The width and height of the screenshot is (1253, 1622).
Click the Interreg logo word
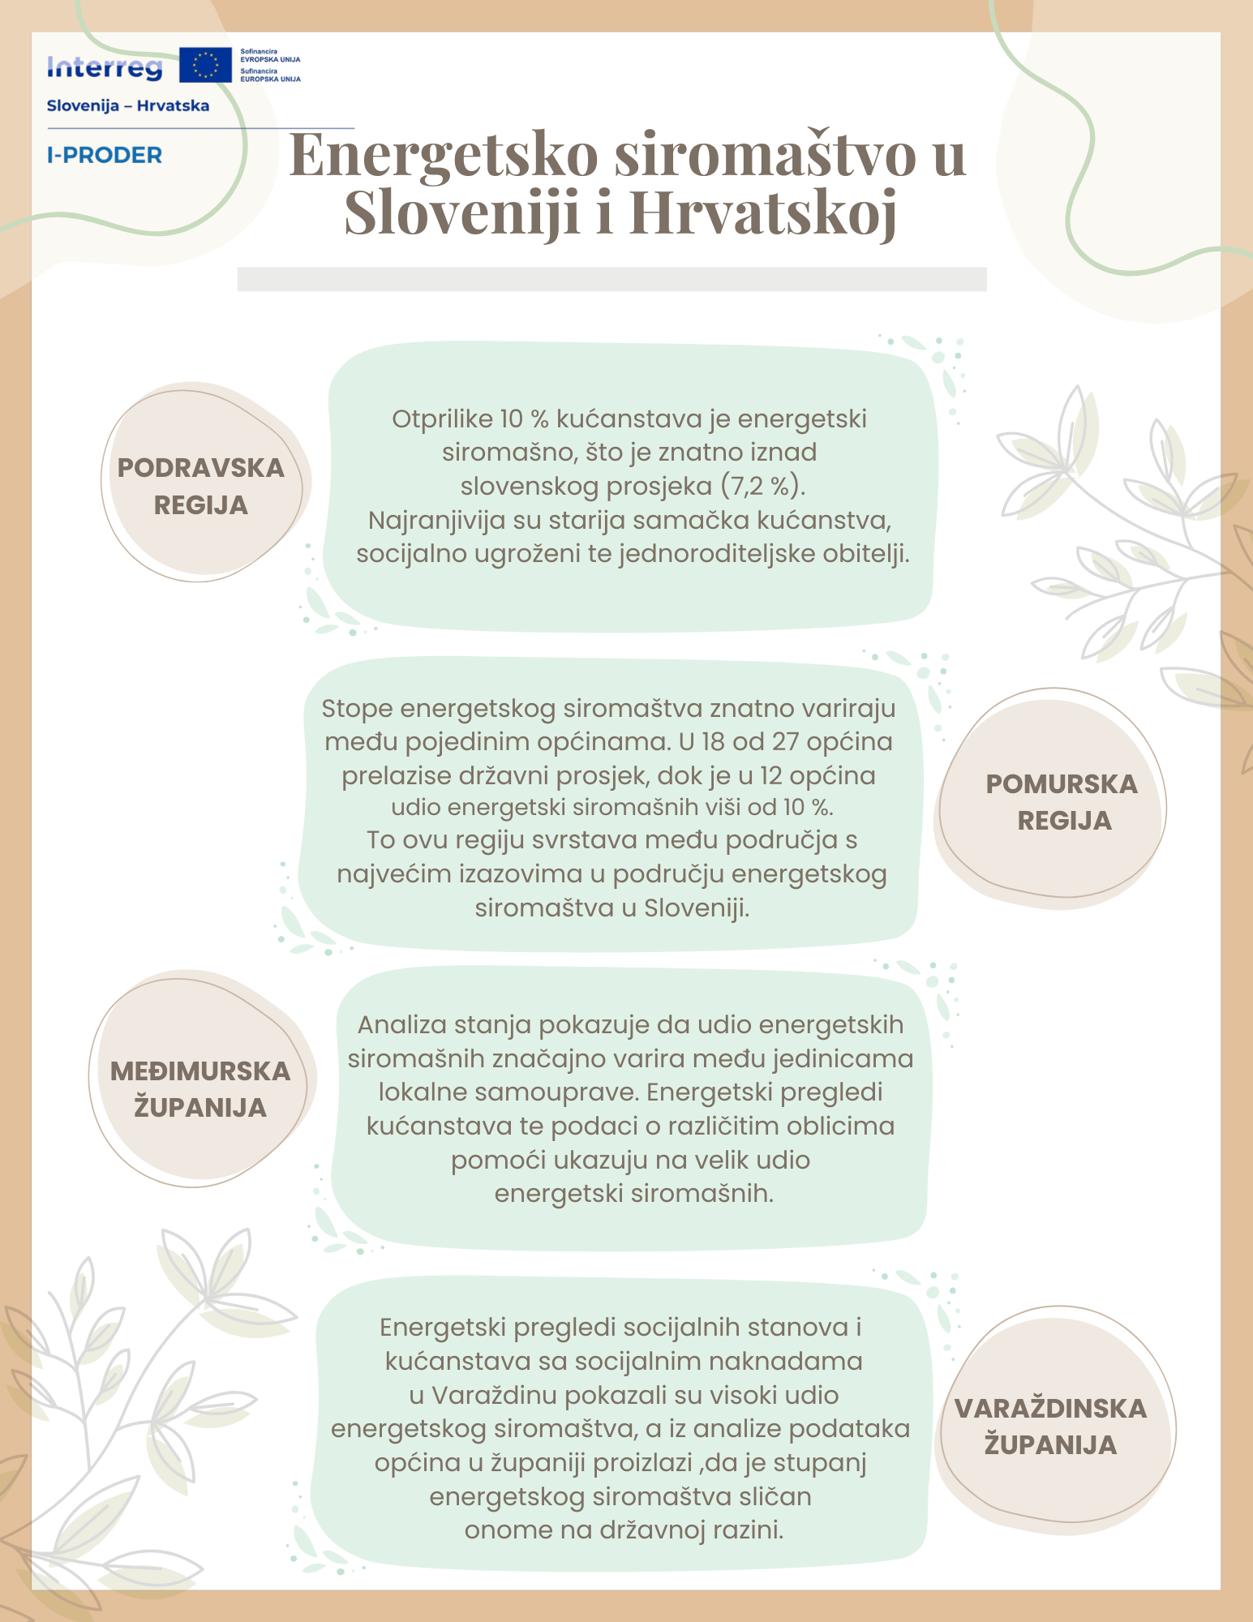[x=105, y=68]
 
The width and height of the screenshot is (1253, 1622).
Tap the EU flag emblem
[x=205, y=65]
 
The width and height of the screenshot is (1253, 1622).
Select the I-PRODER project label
[x=105, y=155]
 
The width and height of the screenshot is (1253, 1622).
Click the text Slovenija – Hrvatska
[x=128, y=106]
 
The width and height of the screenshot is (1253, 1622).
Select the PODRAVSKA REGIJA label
[x=201, y=486]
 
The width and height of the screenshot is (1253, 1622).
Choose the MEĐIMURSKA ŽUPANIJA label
[x=200, y=1089]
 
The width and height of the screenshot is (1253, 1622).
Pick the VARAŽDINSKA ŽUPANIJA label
[x=1050, y=1427]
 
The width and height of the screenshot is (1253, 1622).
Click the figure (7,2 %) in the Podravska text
[x=762, y=486]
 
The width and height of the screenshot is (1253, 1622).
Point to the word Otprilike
[x=443, y=419]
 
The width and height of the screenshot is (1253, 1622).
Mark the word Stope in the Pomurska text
[x=357, y=708]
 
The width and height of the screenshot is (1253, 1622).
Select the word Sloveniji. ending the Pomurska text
[x=697, y=908]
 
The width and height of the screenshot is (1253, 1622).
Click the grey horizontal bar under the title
[x=611, y=279]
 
